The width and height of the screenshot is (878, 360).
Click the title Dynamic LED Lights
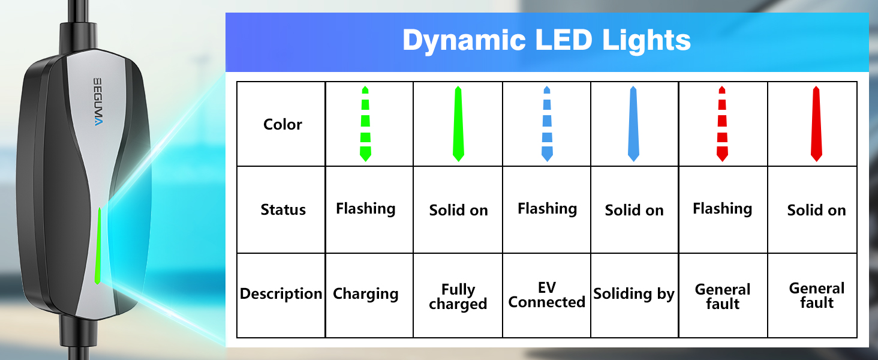point(546,41)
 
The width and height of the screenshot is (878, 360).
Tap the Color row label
point(282,124)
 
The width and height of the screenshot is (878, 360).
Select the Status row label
point(283,209)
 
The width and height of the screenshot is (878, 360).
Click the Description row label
point(281,294)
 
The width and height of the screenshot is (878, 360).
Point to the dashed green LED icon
point(365,124)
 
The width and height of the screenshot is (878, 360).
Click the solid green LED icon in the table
point(458,124)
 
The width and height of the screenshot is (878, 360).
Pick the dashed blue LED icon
point(547,124)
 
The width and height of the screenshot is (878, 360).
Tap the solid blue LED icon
point(633,124)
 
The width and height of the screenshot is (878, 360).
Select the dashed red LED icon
point(722,124)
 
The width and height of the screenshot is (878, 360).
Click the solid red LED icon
point(816,124)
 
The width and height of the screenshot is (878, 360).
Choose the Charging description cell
point(365,294)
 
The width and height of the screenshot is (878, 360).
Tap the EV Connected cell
point(547,295)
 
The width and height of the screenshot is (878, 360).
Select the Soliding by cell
point(634,294)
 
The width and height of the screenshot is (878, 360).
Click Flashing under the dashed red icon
point(723,209)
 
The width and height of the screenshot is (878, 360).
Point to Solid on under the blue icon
point(634,210)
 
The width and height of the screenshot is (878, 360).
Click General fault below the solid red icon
point(817,296)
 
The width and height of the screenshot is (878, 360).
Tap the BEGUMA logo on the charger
point(98,101)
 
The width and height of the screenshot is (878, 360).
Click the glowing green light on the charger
point(98,246)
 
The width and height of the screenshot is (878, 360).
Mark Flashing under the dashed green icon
point(366,209)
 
